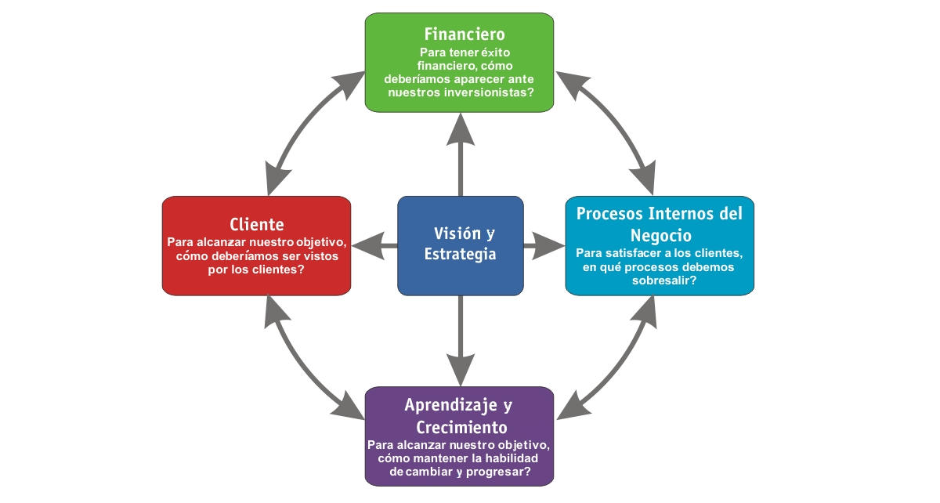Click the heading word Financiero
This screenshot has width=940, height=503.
[465, 34]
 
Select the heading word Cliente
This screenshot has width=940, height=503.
[257, 224]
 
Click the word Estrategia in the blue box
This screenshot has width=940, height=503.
[460, 255]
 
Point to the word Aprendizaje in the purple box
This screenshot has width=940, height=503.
[452, 405]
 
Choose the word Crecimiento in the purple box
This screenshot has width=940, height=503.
[461, 428]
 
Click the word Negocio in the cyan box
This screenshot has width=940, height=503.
[660, 235]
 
